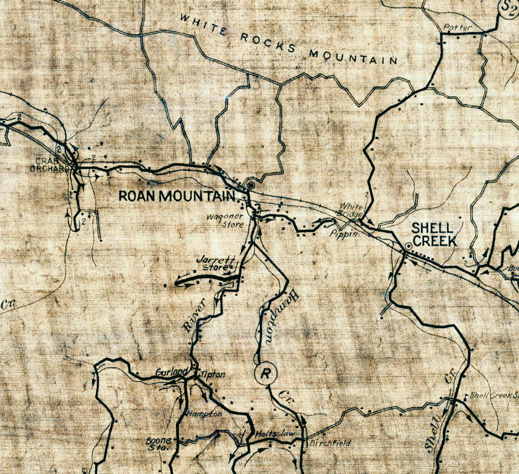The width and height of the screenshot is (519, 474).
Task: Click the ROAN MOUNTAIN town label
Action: [x=177, y=196]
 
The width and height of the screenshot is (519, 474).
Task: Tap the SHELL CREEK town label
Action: [x=434, y=234]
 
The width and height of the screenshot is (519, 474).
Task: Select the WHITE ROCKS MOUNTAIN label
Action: [x=289, y=41]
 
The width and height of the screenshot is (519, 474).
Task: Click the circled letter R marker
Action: [x=265, y=374]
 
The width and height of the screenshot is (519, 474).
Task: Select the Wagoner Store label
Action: [x=225, y=220]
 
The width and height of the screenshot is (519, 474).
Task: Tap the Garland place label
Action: [x=171, y=372]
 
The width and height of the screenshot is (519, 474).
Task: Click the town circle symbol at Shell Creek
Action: [x=408, y=247]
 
